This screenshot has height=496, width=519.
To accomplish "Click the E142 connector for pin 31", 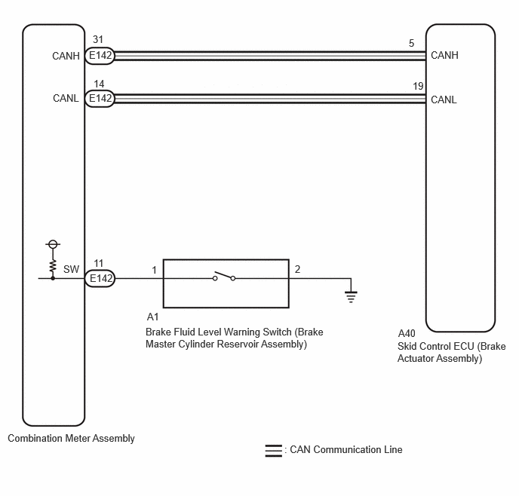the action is [x=100, y=55].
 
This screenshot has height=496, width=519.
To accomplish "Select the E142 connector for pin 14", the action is [x=100, y=98].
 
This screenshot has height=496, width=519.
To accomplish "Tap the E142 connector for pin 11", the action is [x=100, y=278].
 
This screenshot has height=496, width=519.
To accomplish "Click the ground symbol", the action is [x=351, y=296].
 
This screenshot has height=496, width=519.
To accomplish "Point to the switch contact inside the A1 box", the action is [x=224, y=277].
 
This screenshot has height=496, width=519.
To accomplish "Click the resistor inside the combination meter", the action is [x=53, y=267].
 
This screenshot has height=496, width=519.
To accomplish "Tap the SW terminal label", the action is [x=71, y=270].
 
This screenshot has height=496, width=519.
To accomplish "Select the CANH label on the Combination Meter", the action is [x=66, y=56].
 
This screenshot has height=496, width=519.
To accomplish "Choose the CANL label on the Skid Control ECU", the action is [x=444, y=100].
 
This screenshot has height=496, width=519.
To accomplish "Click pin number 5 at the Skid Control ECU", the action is [x=411, y=43].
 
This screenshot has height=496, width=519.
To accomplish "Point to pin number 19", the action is [x=418, y=86].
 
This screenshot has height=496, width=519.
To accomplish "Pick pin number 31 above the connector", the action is [x=98, y=40].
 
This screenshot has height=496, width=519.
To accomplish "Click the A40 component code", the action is [x=407, y=333].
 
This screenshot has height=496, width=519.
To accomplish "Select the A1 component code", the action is [x=152, y=317].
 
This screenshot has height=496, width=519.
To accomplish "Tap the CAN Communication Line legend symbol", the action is [x=273, y=451].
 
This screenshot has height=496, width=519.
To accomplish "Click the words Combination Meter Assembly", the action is [x=71, y=439].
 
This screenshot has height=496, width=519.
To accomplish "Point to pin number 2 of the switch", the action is [x=297, y=270].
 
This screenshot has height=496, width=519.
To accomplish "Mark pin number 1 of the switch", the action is [x=154, y=270].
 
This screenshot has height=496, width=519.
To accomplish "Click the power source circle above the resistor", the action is [x=53, y=244].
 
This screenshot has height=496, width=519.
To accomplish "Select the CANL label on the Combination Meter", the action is [x=66, y=98].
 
